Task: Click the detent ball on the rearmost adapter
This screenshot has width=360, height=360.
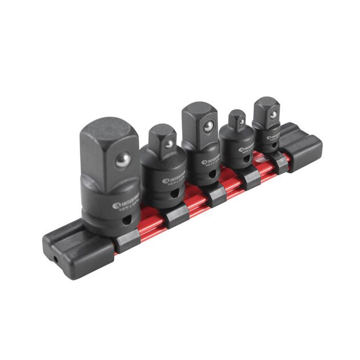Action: coord(274,115)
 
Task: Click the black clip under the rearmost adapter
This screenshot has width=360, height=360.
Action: coord(280,162)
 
